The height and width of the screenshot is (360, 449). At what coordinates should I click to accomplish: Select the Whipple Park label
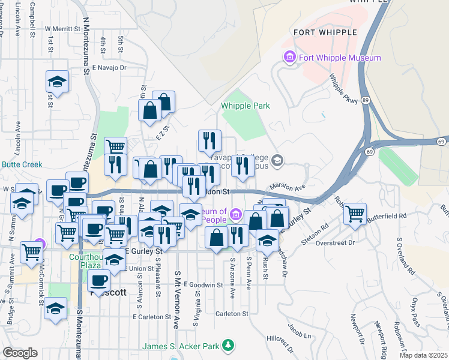(245, 106)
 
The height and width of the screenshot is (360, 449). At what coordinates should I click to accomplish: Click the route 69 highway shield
(440, 141)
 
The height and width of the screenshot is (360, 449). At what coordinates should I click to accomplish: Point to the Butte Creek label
(20, 164)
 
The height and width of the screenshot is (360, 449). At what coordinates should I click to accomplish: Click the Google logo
(20, 353)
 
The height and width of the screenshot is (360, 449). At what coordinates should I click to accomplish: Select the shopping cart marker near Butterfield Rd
(355, 212)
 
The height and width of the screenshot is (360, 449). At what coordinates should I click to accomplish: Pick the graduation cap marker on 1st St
(58, 82)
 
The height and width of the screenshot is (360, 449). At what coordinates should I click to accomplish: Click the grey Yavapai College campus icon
(277, 160)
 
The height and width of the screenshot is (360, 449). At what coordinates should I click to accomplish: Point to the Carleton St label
(232, 314)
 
